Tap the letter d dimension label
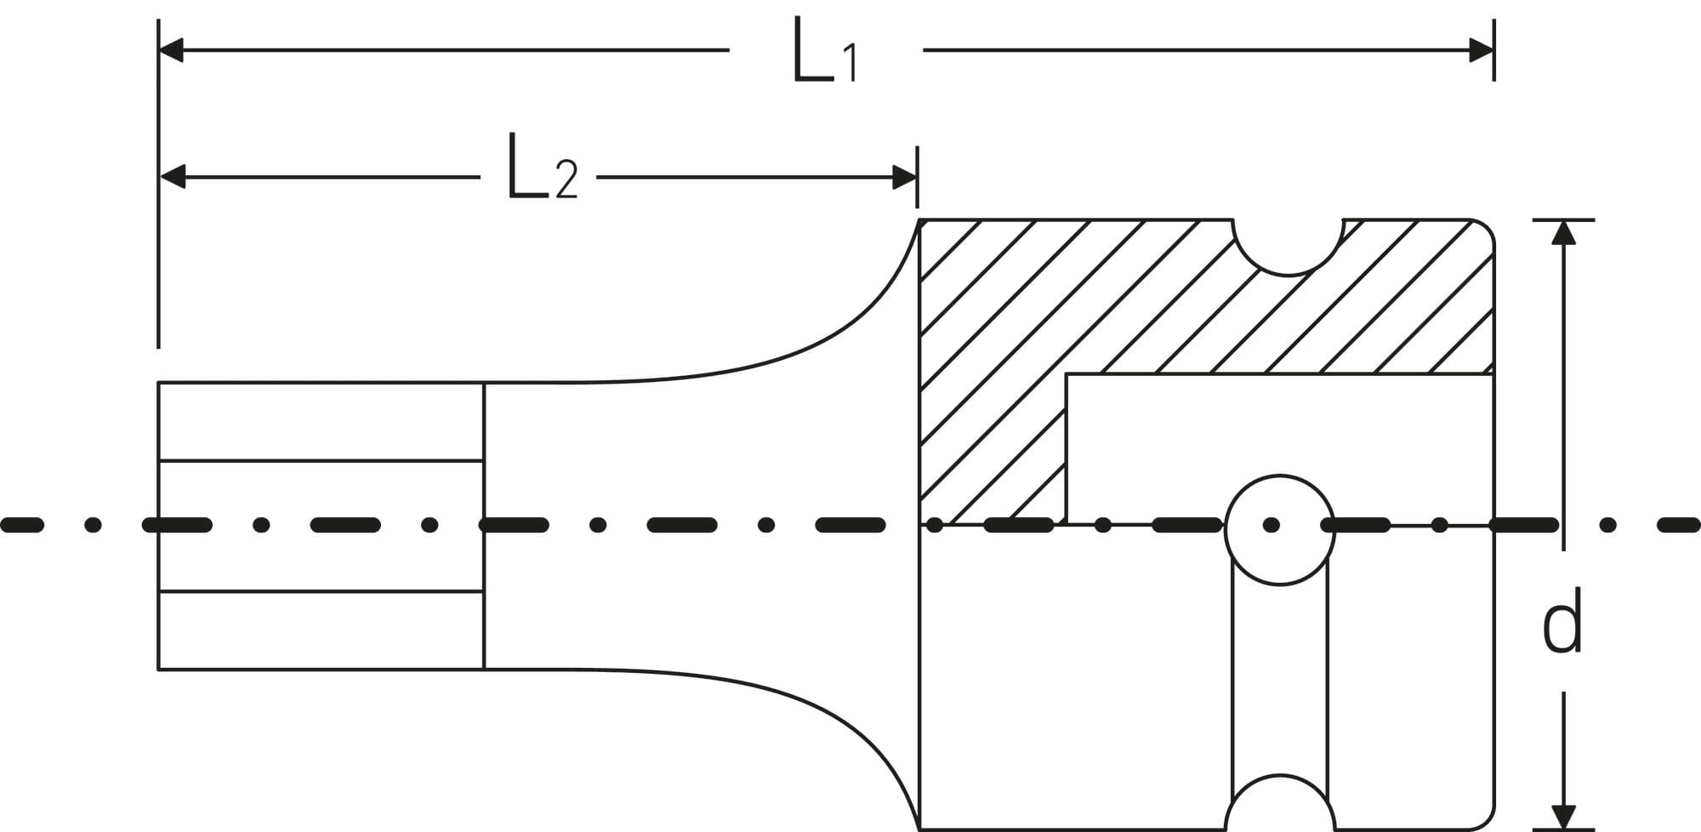point(1562,621)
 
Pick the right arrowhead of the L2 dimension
point(904,178)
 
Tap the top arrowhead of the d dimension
point(1563,232)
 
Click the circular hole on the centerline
point(1279,529)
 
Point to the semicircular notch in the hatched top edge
point(1288,247)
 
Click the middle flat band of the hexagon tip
point(321,526)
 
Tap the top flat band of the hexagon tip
point(321,422)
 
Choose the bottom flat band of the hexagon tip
point(321,630)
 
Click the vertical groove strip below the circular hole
point(1280,681)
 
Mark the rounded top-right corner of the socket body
point(1483,231)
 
